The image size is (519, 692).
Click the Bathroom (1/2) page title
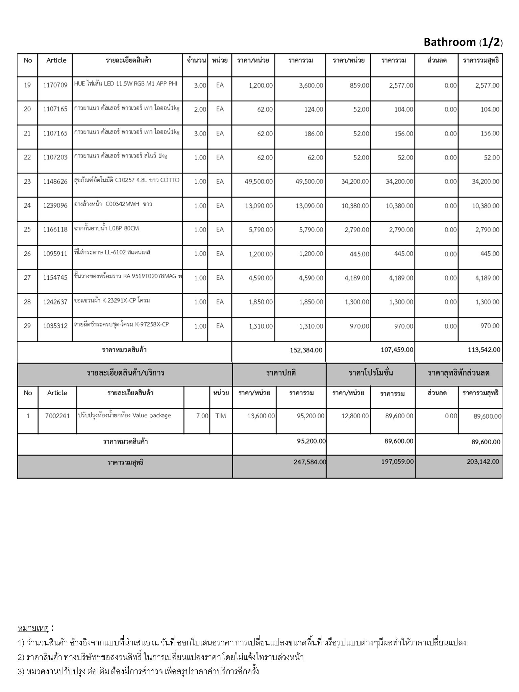pos(463,42)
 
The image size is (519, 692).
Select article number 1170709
pos(55,85)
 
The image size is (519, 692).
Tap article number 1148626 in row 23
pos(55,182)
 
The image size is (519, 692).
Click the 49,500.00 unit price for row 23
pos(259,182)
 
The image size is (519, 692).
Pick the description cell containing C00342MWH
pos(113,204)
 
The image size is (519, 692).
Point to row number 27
pos(27,278)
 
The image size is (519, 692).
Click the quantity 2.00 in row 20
pos(200,109)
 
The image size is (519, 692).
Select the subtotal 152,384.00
pos(306,350)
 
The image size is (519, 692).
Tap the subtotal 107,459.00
pos(397,350)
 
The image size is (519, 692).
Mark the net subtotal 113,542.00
pos(484,350)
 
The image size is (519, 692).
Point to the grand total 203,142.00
pos(483,462)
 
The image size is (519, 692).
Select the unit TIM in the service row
pos(221,416)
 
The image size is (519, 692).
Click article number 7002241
pos(57,416)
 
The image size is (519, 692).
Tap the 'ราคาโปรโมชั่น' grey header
pos(371,373)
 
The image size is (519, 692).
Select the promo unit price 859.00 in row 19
pos(360,85)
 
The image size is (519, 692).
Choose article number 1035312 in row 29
pos(55,326)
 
